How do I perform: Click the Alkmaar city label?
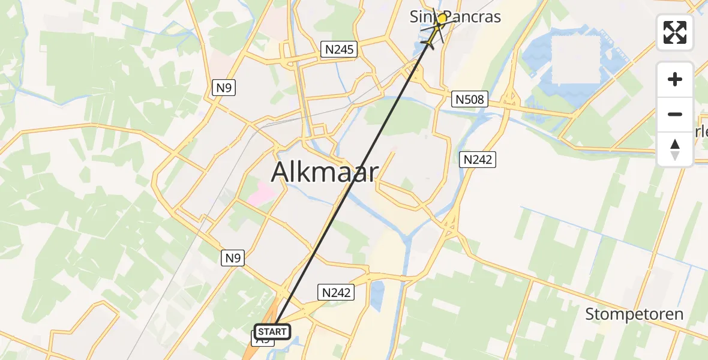325,173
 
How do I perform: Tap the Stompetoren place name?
634,314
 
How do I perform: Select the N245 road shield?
338,49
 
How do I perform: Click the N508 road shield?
469,99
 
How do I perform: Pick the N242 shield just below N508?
478,159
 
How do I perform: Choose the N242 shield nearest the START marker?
335,292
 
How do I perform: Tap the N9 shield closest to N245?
224,88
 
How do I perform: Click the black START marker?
273,332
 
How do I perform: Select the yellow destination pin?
442,19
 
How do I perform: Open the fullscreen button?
675,32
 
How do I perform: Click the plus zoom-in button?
675,79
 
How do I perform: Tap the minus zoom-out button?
675,114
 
